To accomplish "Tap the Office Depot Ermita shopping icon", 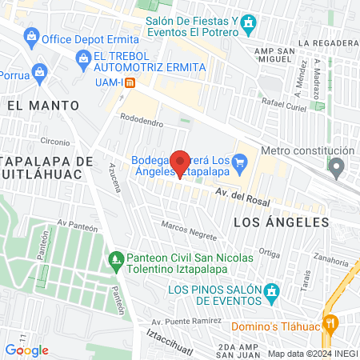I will tap(31, 36).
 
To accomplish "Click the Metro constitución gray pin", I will tap(337, 167).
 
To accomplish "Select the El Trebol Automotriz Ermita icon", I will tap(82, 58).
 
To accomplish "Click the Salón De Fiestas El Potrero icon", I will tap(248, 22).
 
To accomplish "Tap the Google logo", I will tap(26, 350).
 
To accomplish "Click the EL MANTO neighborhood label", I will tap(43, 105).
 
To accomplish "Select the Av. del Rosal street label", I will tap(241, 197).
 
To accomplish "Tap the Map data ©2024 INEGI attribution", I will tap(312, 353).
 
